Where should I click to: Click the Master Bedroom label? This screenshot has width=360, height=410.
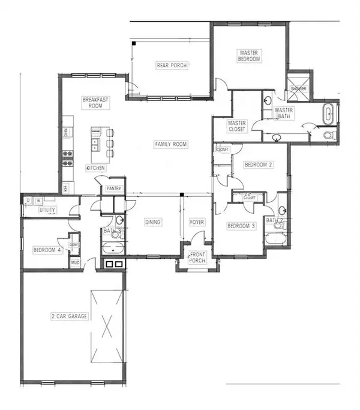pos(248,56)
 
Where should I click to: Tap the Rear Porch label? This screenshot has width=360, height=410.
pos(172,65)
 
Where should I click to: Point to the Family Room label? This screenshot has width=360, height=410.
pos(171,144)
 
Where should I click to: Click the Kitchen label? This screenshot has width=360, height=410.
pos(95,167)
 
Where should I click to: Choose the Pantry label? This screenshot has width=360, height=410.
pos(115,188)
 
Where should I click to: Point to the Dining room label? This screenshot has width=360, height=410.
pos(153,223)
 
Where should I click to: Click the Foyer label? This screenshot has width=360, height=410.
pos(197,223)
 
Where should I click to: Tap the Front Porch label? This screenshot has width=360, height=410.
pos(197,258)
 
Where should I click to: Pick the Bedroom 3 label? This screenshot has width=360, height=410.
pos(241,226)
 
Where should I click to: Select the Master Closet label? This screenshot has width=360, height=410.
pos(237,126)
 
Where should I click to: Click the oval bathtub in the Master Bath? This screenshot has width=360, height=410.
pos(329,114)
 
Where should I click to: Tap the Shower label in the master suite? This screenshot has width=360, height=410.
pos(298,89)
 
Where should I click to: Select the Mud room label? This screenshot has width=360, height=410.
pos(76,262)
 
